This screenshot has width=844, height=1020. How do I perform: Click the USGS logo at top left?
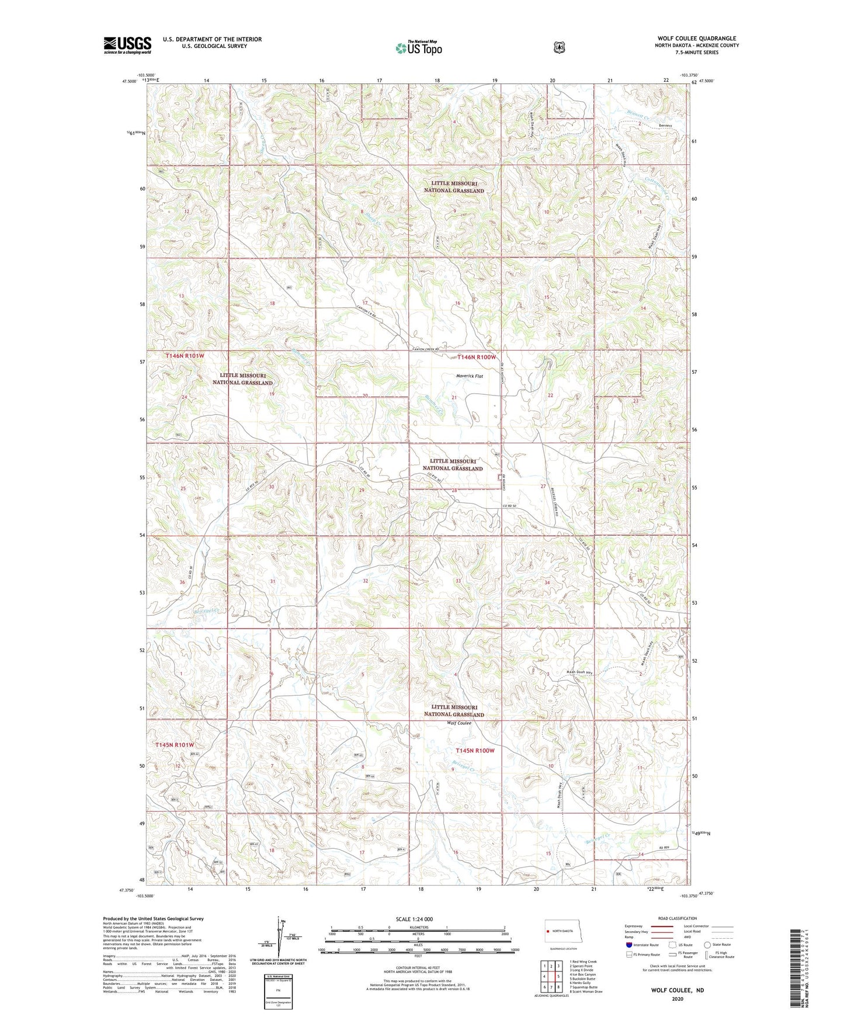tap(127, 45)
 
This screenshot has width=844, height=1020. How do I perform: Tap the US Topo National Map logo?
tap(418, 48)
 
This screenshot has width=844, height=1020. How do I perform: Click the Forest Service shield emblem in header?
tap(559, 47)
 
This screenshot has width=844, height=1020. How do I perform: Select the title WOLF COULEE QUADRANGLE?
tap(696, 39)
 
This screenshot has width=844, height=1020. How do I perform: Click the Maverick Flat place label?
tap(470, 376)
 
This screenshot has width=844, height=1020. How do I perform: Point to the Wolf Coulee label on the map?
tap(459, 723)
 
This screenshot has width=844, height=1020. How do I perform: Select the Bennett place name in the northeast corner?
tap(665, 126)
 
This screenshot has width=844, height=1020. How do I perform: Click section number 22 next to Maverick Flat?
tap(550, 395)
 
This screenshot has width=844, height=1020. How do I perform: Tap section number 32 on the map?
tap(365, 581)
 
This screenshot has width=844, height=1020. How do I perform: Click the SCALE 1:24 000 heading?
tap(414, 920)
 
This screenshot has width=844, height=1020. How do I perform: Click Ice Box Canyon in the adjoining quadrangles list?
tap(582, 974)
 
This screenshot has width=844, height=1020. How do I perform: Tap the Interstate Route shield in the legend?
tap(628, 945)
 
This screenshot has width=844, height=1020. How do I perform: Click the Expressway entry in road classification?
tap(633, 926)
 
